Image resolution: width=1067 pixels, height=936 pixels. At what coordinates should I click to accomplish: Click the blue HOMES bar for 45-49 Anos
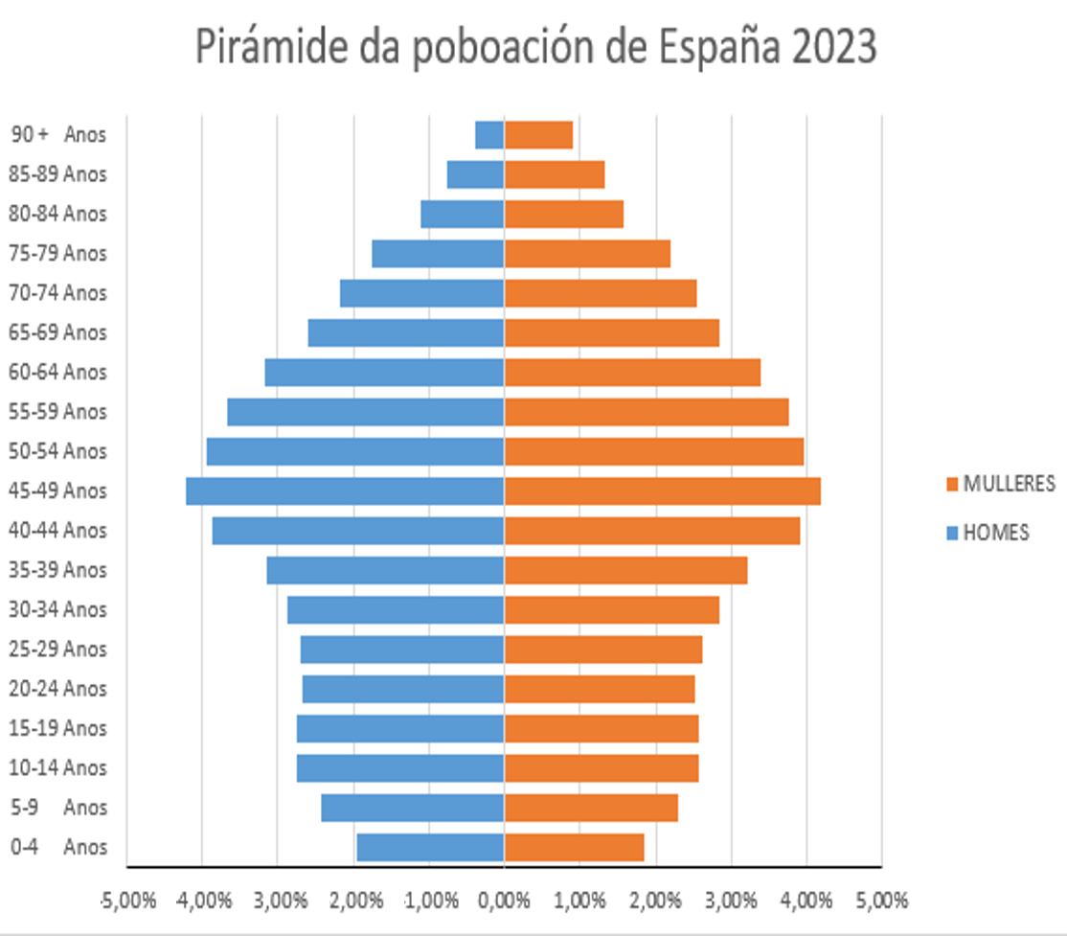pos(345,491)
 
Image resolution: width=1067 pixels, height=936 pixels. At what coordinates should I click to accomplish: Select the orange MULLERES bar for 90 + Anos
pos(538,134)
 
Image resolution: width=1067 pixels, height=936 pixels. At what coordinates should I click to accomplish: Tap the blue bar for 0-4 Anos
pos(430,847)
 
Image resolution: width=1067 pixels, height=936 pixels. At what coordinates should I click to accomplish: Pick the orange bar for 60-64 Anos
pos(632,372)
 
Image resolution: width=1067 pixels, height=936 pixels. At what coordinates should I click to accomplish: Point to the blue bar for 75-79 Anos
pos(438,253)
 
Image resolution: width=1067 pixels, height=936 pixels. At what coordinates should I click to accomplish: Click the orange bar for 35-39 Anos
pos(625,570)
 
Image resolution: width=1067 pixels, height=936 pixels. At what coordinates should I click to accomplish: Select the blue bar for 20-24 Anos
pos(403,689)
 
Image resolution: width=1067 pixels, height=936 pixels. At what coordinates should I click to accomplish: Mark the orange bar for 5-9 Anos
pos(591,808)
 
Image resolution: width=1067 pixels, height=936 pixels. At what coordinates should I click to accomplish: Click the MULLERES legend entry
pos(1000,484)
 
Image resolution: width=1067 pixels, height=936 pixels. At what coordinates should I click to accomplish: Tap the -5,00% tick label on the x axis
pos(125,901)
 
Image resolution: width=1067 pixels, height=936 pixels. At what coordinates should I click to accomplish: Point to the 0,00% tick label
pos(504,901)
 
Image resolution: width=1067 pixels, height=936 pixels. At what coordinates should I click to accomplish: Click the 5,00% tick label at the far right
pos(881,901)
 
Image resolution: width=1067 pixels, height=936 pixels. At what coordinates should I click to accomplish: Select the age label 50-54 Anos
pos(57,451)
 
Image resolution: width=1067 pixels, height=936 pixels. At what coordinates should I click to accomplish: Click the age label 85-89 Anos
pos(57,174)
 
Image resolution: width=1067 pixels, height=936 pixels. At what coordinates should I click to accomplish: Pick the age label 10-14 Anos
pos(57,767)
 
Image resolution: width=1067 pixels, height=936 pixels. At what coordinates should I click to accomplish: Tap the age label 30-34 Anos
pos(57,609)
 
